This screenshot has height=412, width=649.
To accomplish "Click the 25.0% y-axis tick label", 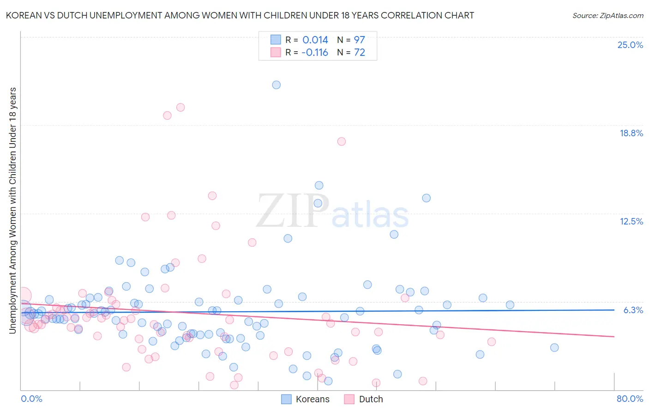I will [x=630, y=45].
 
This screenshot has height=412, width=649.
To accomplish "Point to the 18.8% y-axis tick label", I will [x=631, y=133].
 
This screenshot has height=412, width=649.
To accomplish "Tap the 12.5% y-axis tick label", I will [x=631, y=221].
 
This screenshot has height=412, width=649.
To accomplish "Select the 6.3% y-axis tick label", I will [x=633, y=310].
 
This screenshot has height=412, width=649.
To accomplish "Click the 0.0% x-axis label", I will [x=31, y=399].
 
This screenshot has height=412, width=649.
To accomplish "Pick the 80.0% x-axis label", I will [x=630, y=399].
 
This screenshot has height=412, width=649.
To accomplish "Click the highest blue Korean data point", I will [x=276, y=85].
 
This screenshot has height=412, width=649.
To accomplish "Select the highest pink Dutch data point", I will [x=180, y=107].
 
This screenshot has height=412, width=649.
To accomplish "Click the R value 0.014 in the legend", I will [x=315, y=40].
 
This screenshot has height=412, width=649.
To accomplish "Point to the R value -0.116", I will [x=314, y=53].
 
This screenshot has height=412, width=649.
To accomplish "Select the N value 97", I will [x=359, y=40].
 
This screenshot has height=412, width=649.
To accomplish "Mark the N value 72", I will [x=359, y=53].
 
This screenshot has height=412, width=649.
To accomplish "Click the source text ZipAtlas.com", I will [x=607, y=16].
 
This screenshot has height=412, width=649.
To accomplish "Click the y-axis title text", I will [x=12, y=210].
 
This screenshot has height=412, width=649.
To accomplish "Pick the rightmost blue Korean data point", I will [x=554, y=347].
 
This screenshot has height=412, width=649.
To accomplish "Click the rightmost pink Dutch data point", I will [x=491, y=342].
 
